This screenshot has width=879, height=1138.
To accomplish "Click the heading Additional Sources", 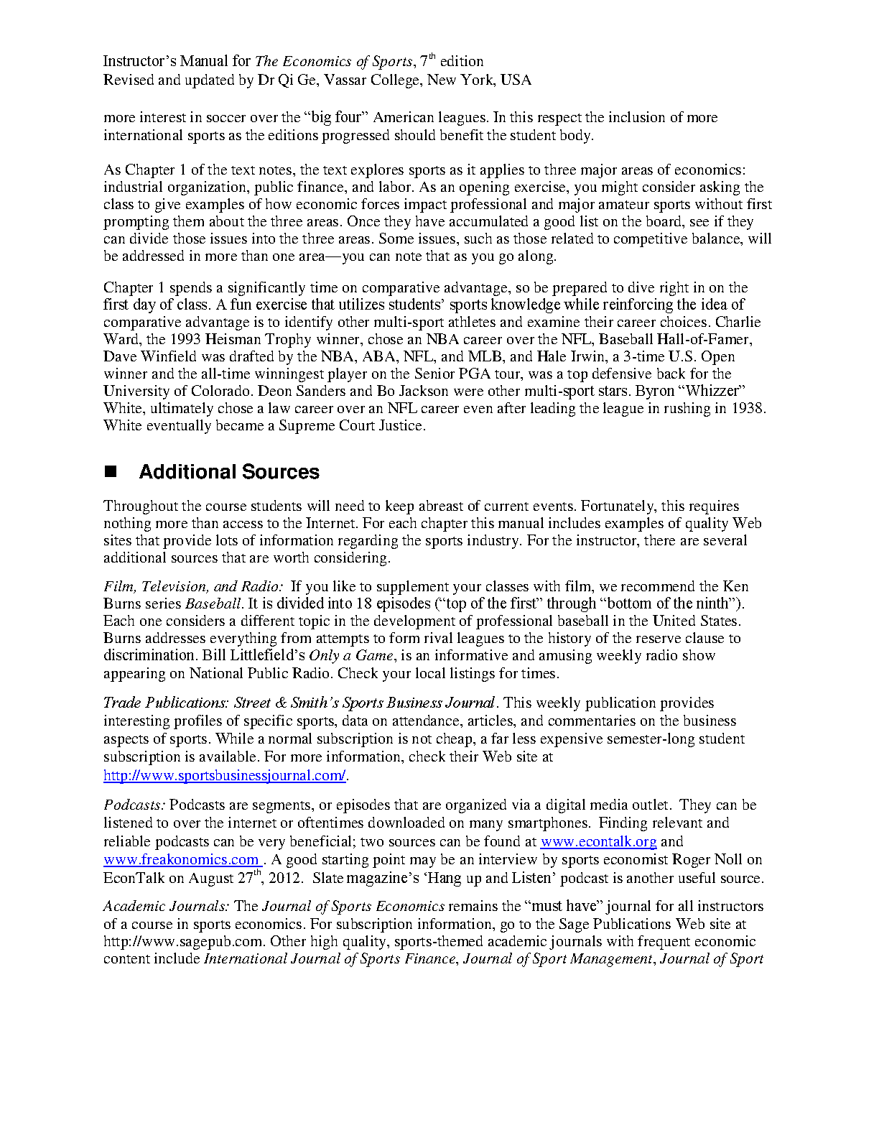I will pyautogui.click(x=229, y=472).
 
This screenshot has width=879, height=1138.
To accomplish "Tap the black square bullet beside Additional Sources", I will pyautogui.click(x=111, y=472).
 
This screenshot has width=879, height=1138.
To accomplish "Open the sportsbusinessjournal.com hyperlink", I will pyautogui.click(x=225, y=776).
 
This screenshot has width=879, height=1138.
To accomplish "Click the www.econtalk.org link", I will pyautogui.click(x=598, y=841).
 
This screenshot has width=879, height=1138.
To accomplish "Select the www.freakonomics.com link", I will pyautogui.click(x=182, y=860).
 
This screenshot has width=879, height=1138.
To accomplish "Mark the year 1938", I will pyautogui.click(x=748, y=408).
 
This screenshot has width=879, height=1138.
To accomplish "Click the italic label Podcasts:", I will pyautogui.click(x=134, y=805).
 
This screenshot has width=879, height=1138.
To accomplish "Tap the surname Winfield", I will pyautogui.click(x=169, y=356).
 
